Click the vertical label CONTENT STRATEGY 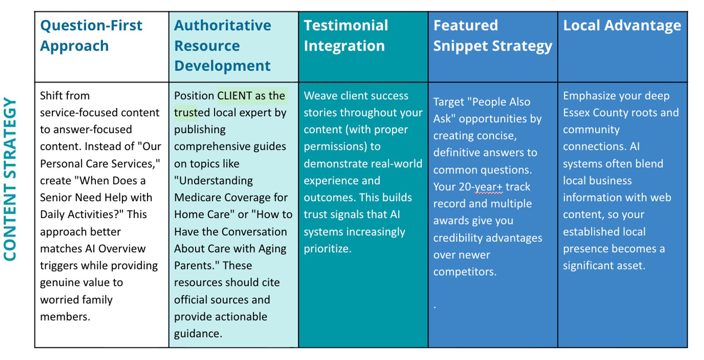click(10, 179)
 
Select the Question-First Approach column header click(91, 36)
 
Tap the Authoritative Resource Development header click(223, 45)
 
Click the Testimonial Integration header click(346, 36)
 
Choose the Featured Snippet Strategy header click(493, 36)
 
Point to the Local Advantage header click(622, 26)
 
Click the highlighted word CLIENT click(235, 96)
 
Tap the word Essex click(576, 113)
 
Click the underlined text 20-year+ click(481, 187)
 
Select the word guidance click(198, 334)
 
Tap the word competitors click(465, 272)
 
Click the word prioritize click(327, 249)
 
